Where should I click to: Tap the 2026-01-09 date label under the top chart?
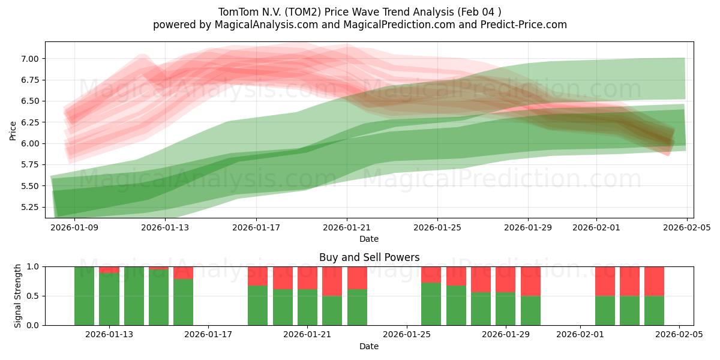74,227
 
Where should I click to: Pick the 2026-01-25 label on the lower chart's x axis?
407,335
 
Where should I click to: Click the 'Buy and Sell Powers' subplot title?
369,257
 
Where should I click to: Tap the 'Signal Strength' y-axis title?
18,296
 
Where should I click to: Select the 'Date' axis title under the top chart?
369,239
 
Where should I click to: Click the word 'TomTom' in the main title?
236,11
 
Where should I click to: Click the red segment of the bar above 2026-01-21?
307,277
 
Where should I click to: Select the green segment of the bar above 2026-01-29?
506,308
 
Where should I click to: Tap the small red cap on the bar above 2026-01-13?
109,269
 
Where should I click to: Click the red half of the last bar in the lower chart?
654,281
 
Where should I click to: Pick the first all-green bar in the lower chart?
84,296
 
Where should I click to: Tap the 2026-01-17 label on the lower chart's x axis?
208,335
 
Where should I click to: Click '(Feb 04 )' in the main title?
479,11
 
